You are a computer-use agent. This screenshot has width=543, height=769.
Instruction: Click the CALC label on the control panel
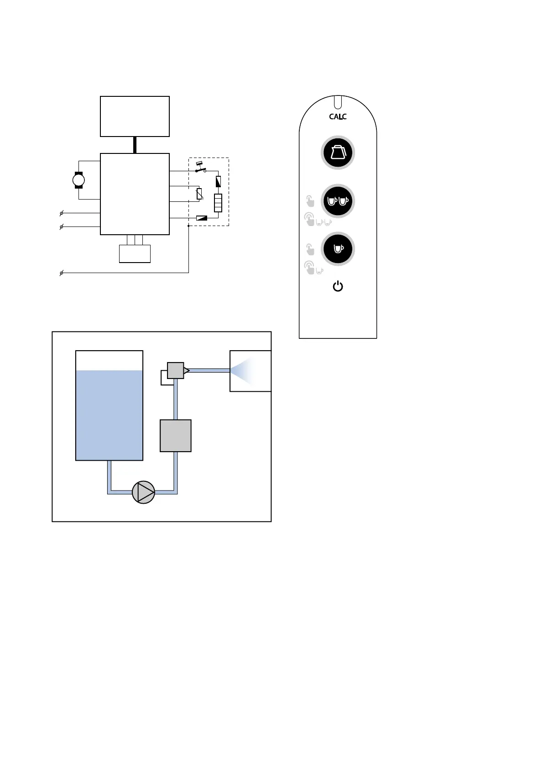(x=338, y=117)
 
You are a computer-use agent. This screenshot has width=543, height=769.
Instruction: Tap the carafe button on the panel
(x=338, y=153)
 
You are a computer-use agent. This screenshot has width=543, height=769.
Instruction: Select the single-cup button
(x=338, y=249)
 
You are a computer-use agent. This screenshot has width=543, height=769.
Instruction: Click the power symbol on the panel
(x=338, y=287)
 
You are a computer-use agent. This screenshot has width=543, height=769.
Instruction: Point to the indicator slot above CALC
(x=338, y=101)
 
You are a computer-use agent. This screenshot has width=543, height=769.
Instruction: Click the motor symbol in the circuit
(x=78, y=180)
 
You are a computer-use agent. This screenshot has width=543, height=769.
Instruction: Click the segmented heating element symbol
(x=218, y=203)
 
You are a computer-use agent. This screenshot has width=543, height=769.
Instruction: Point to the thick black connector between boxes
(x=135, y=145)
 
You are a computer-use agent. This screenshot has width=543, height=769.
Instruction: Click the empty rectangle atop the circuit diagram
(x=135, y=116)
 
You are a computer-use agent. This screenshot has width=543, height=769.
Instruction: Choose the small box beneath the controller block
(x=135, y=254)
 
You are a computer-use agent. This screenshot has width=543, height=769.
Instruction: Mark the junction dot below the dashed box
(x=188, y=226)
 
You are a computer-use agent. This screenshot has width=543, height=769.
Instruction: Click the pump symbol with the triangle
(x=143, y=492)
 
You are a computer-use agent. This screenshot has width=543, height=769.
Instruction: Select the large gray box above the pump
(x=175, y=436)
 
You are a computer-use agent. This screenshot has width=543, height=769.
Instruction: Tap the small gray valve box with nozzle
(x=176, y=370)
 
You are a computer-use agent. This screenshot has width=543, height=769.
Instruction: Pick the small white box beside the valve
(x=166, y=378)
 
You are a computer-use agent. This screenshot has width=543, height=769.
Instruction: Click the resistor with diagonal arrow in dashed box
(x=199, y=194)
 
